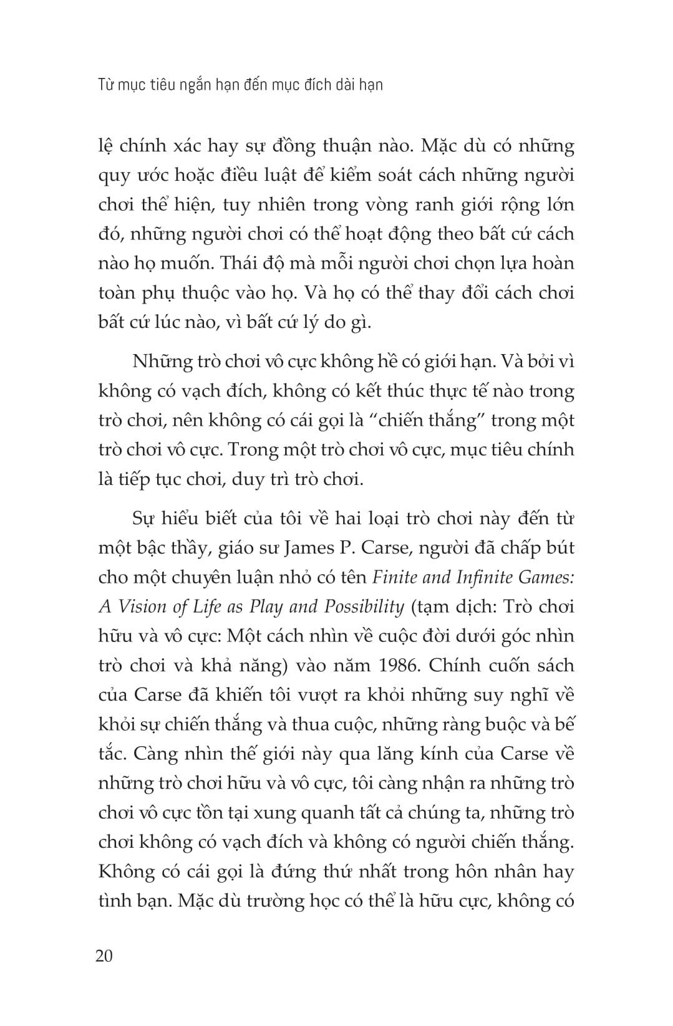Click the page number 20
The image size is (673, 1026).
(x=104, y=956)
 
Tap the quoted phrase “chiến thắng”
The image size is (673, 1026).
(x=440, y=420)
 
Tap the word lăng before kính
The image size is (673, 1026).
(x=422, y=754)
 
